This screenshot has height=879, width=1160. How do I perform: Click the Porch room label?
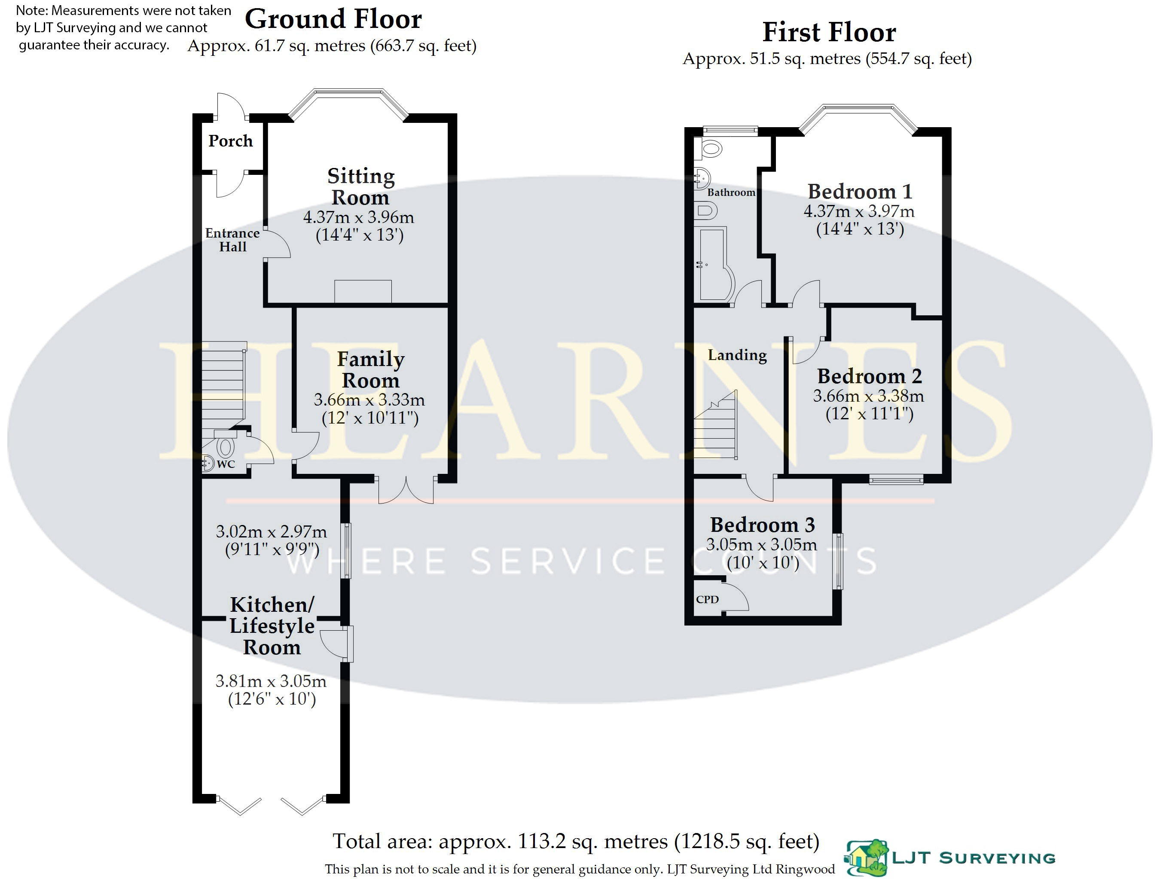(230, 141)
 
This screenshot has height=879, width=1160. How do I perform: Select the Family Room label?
(370, 370)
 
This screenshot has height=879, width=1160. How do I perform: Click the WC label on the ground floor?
(226, 464)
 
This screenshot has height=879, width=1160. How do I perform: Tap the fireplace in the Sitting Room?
(363, 292)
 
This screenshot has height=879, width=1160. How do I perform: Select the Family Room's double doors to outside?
(406, 490)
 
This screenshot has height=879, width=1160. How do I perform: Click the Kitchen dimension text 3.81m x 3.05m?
(271, 681)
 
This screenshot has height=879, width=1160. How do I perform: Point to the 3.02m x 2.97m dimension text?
(271, 532)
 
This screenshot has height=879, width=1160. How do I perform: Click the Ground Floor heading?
(333, 19)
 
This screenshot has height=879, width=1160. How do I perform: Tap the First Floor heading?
(829, 33)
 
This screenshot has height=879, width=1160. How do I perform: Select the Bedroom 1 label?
(860, 192)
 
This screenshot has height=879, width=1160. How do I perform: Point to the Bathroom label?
(731, 192)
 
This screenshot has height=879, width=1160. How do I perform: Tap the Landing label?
(737, 355)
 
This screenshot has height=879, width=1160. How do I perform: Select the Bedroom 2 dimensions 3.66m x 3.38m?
(868, 396)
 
